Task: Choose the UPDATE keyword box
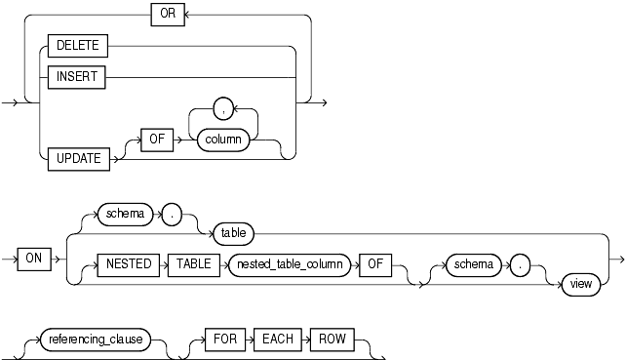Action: pyautogui.click(x=79, y=157)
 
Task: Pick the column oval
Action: pyautogui.click(x=224, y=141)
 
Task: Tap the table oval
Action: pyautogui.click(x=234, y=233)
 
